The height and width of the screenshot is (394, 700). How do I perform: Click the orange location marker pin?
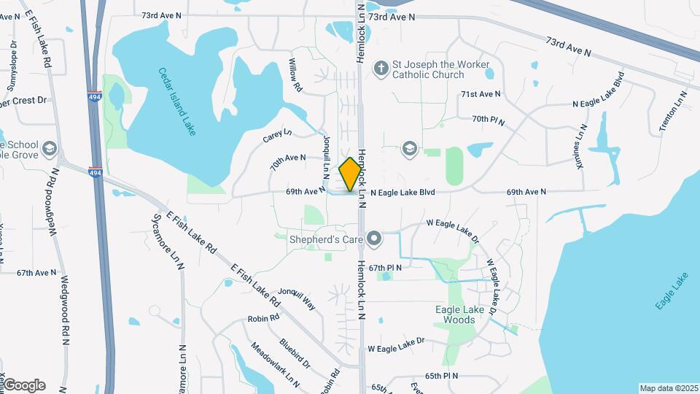point(351,174)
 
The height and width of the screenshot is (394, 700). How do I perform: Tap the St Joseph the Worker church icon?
point(380,69)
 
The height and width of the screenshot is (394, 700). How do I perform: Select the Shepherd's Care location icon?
point(375,238)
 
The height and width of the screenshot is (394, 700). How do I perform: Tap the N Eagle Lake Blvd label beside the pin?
point(402,193)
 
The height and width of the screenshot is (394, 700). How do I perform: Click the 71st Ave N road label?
point(481,94)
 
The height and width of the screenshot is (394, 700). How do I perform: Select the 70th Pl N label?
point(489,118)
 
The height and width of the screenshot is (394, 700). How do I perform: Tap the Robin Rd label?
point(264,318)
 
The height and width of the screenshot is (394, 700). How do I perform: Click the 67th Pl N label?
point(386,268)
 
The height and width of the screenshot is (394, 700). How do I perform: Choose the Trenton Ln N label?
point(674,111)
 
